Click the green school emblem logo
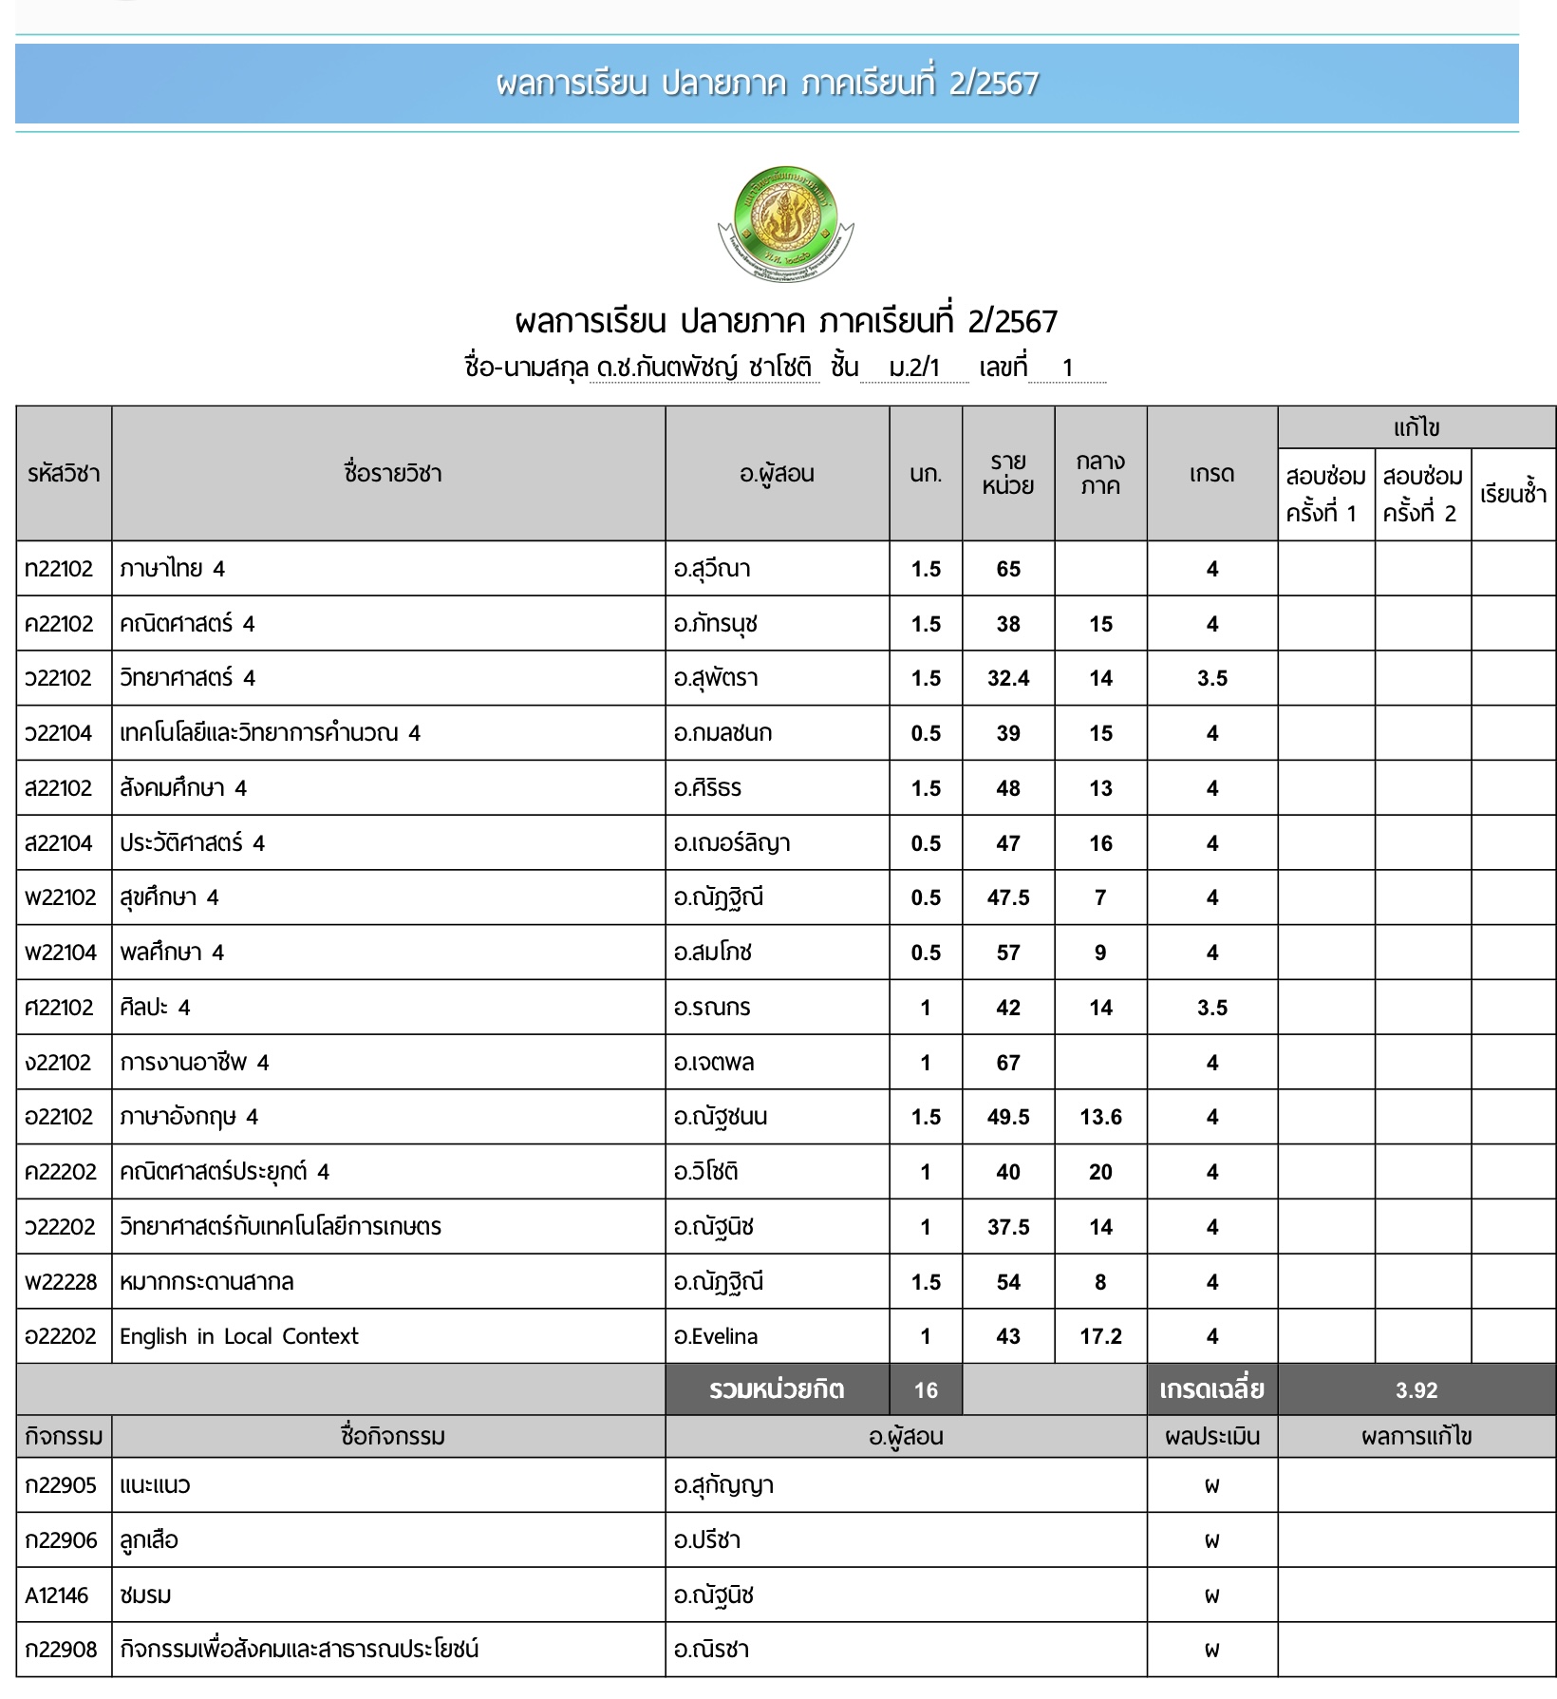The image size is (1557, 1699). point(785,223)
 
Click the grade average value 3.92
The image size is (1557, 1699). point(1416,1390)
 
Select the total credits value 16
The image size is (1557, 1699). point(926,1390)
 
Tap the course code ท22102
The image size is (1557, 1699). point(59,569)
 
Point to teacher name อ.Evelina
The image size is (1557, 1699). point(716,1336)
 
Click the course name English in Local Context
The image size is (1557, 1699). point(239,1336)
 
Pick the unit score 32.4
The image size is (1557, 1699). point(1008,678)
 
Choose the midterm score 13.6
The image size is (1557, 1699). point(1100,1117)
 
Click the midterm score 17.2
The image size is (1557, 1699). point(1100,1336)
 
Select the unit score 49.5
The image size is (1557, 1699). point(1008,1117)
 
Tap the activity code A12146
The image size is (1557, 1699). point(57,1595)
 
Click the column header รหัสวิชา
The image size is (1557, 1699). point(64,473)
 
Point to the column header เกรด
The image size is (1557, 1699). point(1211,473)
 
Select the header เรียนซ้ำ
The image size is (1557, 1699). point(1513,494)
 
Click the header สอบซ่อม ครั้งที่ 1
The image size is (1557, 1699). point(1325,494)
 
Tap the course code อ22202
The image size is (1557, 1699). point(61,1336)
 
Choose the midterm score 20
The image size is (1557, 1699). point(1100,1172)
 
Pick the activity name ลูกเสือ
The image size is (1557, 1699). point(149,1540)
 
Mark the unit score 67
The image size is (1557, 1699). point(1008,1063)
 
